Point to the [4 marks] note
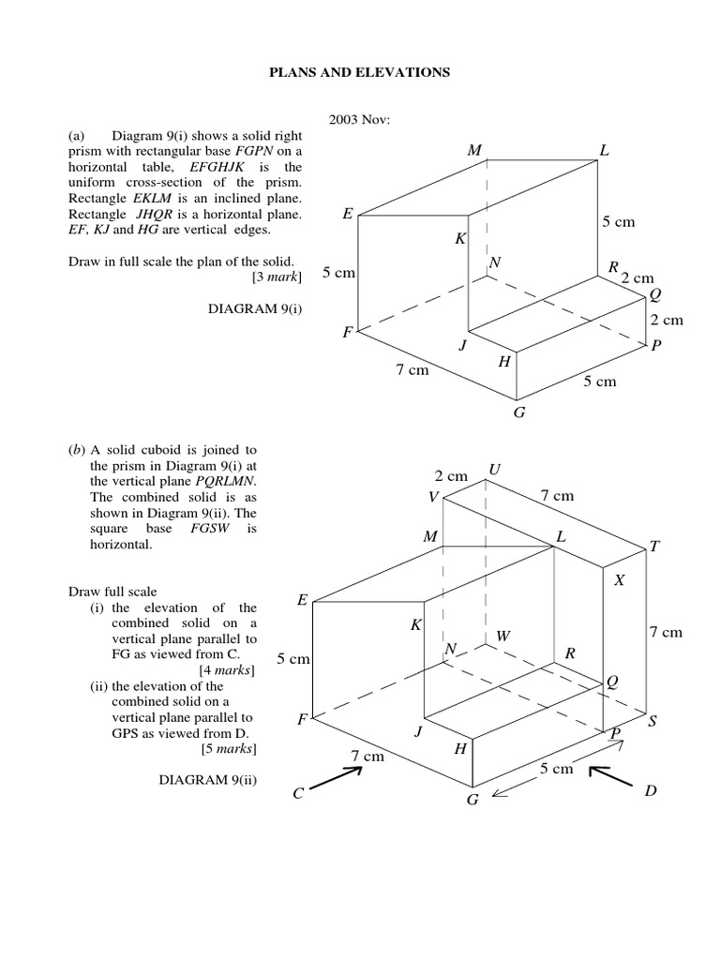tap(230, 670)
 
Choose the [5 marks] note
tap(230, 748)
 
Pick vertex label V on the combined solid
tap(433, 498)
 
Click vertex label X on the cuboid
tap(619, 581)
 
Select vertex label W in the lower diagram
tap(503, 637)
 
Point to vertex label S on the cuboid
tap(652, 721)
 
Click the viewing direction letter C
tap(298, 794)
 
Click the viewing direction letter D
tap(651, 792)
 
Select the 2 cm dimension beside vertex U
tap(451, 476)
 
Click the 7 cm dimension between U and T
tap(557, 495)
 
